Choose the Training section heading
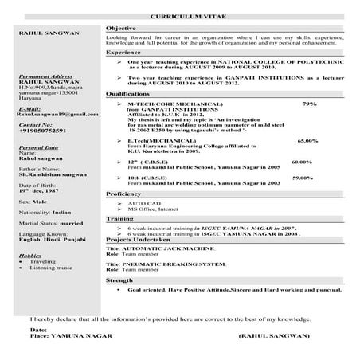coord(120,217)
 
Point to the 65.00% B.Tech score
coord(307,140)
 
